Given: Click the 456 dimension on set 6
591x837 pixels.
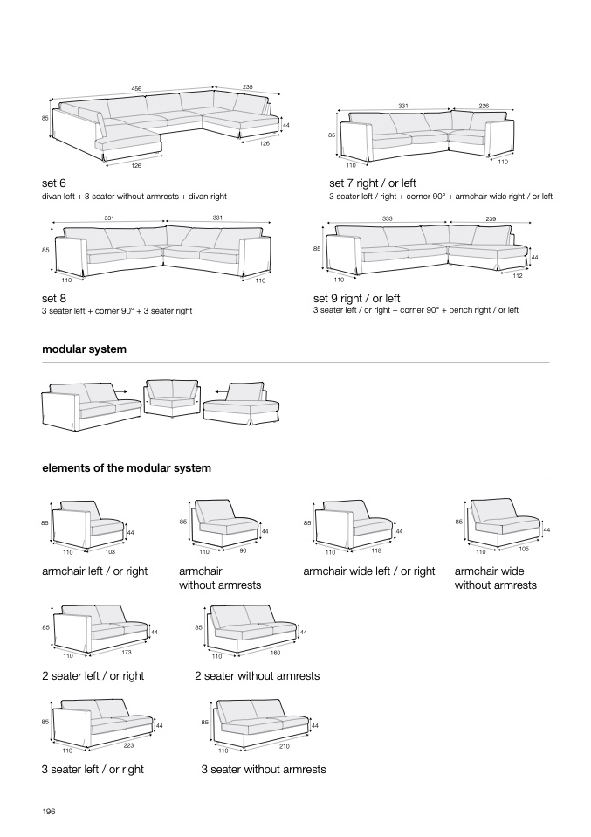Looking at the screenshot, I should pos(136,88).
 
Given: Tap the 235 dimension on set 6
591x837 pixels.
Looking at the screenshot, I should pos(247,87).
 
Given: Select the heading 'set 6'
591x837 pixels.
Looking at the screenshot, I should pos(54,183).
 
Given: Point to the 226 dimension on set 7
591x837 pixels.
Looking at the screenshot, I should pos(484,106).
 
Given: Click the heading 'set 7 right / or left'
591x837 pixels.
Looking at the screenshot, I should pos(373,183).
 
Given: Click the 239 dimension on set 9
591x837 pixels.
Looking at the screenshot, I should pos(491,218).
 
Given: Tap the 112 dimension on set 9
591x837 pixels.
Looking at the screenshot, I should pos(517,275).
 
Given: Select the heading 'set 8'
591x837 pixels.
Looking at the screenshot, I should pos(54,297).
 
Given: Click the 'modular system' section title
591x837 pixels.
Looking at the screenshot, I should pos(84,349).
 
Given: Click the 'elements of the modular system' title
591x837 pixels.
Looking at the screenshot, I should pos(127,468).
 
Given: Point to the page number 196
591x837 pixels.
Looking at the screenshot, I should pos(49,812).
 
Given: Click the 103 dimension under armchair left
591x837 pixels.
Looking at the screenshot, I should pos(111,552).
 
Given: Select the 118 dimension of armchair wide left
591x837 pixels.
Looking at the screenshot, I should pos(376,552).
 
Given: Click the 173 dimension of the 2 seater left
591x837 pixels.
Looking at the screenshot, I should pos(127,653).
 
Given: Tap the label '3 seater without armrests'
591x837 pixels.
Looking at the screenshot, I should pos(264,770).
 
